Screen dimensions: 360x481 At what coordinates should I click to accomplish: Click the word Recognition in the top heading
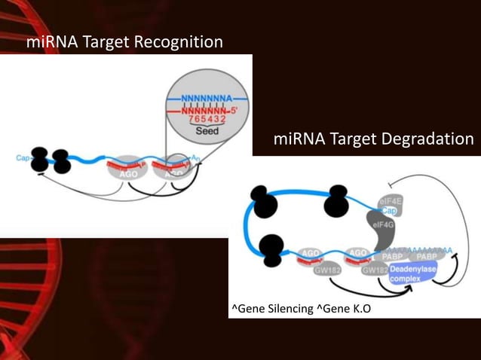(x=178, y=42)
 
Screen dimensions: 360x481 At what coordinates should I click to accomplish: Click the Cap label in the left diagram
(x=23, y=158)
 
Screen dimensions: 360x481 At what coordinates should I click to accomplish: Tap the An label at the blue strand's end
(x=196, y=158)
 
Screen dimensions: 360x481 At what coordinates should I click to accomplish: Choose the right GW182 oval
(x=375, y=270)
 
